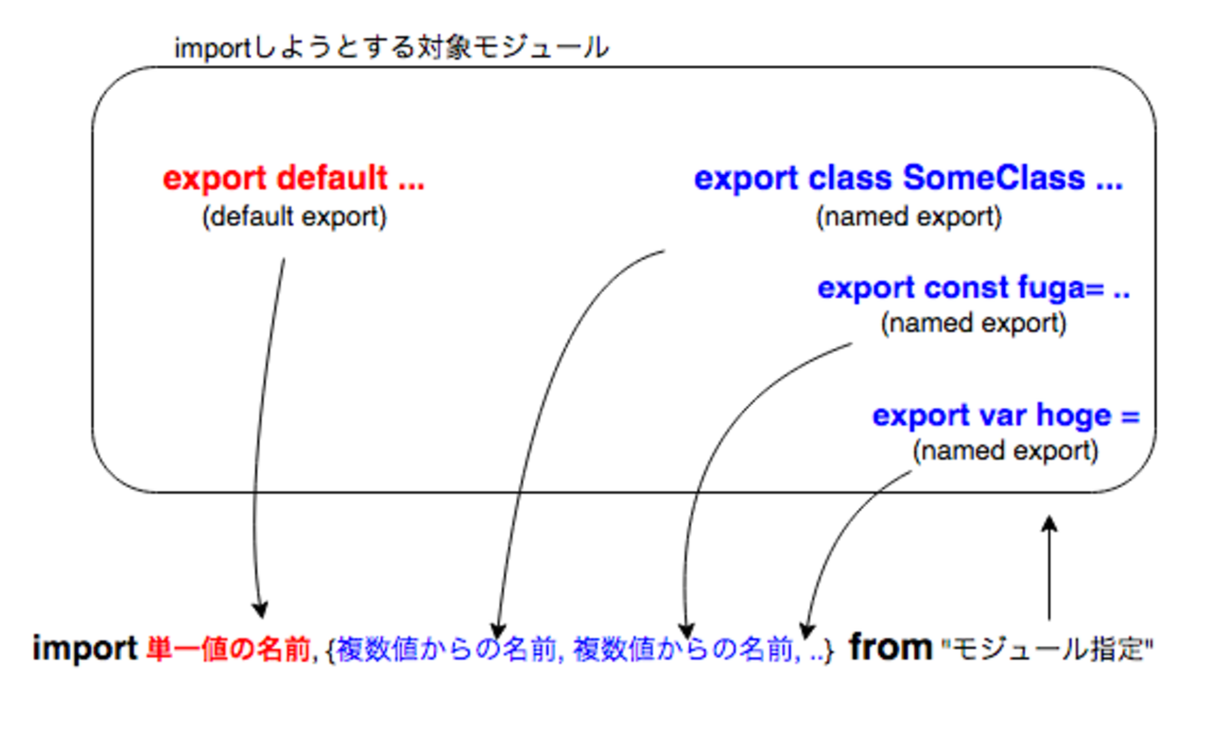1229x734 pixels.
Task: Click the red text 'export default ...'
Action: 293,180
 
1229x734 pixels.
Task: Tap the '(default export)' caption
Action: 295,217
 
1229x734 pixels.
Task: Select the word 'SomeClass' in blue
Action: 995,178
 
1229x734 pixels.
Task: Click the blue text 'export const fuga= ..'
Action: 974,288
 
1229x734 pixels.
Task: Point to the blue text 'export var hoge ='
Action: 1006,416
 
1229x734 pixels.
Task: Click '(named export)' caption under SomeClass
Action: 909,217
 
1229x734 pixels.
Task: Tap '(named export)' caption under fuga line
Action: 974,323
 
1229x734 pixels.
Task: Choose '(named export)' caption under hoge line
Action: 1006,451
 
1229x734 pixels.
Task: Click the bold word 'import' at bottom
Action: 85,650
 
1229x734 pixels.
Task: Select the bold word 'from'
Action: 891,647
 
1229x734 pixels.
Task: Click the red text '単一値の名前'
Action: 228,650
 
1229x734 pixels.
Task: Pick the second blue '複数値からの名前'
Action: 684,650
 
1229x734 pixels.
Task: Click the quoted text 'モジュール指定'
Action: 1047,650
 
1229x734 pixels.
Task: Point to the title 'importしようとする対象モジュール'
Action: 391,47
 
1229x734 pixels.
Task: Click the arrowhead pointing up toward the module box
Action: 1049,524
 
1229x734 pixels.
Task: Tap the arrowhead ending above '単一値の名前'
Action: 260,609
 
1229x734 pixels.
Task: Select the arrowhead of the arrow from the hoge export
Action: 806,630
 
